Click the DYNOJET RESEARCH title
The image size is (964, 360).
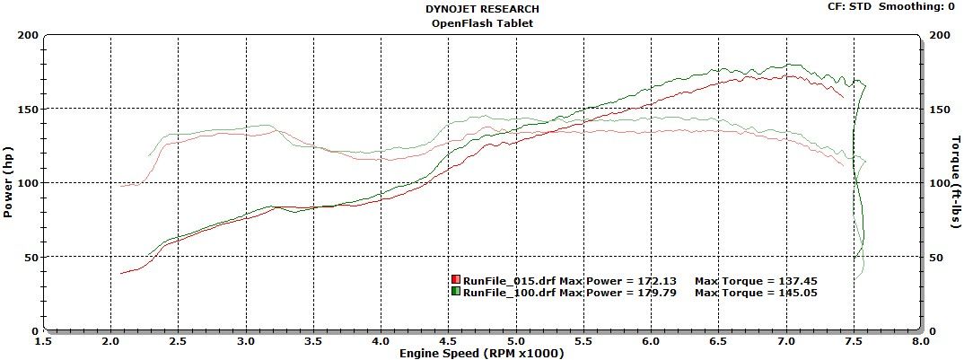[481, 8]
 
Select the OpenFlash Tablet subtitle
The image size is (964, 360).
[481, 23]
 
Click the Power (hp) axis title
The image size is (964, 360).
[8, 182]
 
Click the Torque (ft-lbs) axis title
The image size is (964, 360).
[957, 182]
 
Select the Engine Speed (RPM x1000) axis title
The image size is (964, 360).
[481, 353]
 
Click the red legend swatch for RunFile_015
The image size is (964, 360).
[456, 280]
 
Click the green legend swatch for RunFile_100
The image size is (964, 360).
[456, 292]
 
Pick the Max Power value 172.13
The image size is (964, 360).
[655, 280]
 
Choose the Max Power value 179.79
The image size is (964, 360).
[655, 292]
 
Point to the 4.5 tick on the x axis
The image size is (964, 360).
[448, 341]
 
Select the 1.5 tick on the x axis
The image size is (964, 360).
[42, 341]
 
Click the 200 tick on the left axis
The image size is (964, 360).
[29, 35]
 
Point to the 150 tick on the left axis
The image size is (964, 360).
[29, 109]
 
